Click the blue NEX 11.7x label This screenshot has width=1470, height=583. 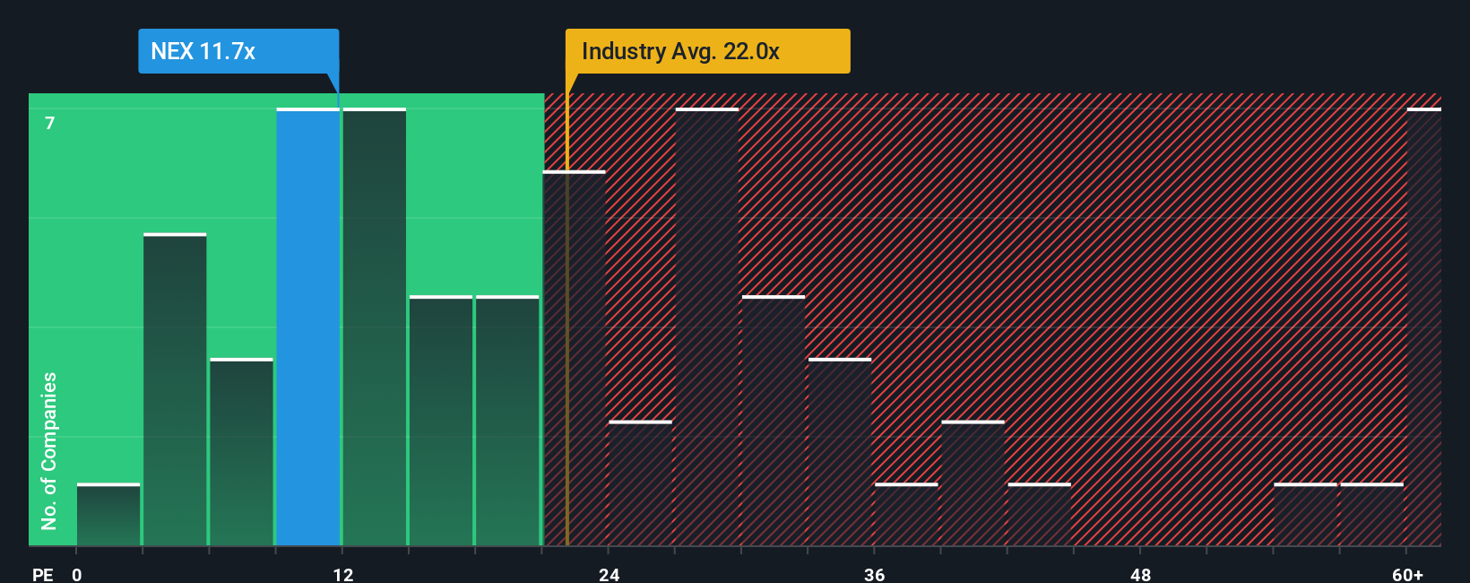point(238,51)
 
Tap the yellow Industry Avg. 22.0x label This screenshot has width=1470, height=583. point(707,51)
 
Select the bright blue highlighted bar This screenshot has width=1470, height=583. point(307,327)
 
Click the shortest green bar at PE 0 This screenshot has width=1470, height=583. point(108,515)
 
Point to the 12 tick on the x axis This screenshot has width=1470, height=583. point(342,574)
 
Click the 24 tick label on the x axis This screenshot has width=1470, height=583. point(609,574)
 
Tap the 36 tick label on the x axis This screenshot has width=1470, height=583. point(874,574)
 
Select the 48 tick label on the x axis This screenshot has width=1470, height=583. point(1140,574)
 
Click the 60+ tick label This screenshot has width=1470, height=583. point(1407,574)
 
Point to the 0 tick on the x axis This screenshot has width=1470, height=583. point(77,574)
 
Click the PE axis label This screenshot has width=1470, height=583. point(42,574)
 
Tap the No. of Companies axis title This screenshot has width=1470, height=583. point(49,450)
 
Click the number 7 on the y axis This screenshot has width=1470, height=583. point(50,123)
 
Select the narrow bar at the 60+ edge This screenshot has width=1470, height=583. point(1423,327)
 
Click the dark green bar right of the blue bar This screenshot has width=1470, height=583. point(375,327)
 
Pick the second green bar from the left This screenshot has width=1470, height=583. point(175,390)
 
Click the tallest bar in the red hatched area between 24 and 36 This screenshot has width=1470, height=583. point(707,327)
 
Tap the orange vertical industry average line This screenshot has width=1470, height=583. point(567,359)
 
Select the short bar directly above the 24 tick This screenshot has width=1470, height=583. point(640,483)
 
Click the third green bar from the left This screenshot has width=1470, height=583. point(241,452)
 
